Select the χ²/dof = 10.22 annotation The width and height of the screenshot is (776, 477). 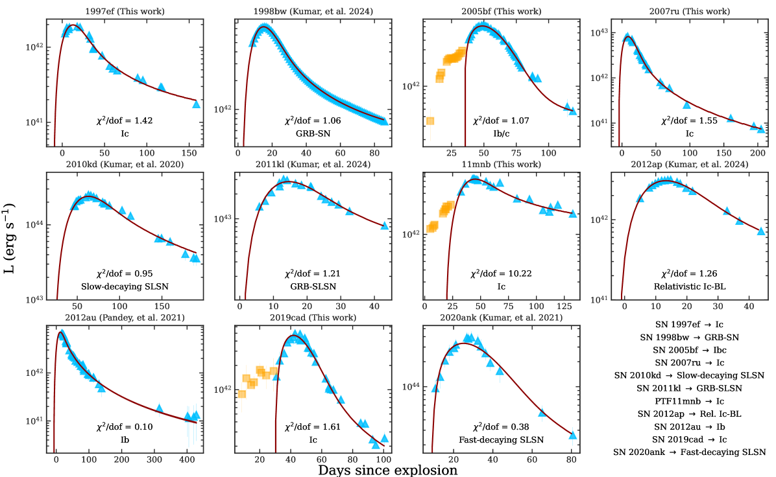coord(501,273)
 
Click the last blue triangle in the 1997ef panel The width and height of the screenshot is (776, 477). coord(196,104)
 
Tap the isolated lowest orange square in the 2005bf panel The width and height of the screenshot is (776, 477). coord(430,121)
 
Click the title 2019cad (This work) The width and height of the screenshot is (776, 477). coord(313,317)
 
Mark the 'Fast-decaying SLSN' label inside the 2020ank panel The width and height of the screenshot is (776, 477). coord(501,439)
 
